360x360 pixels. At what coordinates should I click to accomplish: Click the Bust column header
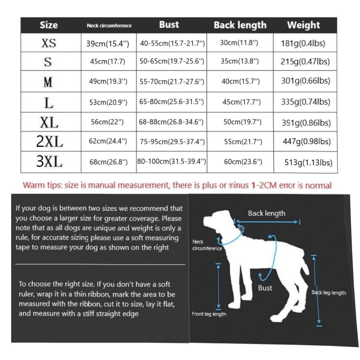[169, 24]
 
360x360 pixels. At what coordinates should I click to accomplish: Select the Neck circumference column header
[109, 26]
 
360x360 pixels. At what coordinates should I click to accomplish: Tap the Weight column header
[303, 25]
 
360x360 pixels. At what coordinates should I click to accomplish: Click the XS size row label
[49, 43]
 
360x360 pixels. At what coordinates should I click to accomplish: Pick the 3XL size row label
[49, 161]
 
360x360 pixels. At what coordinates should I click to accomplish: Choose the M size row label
[48, 82]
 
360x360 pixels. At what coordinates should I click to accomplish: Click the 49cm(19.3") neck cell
[108, 81]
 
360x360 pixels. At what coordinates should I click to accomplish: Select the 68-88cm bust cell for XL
[171, 122]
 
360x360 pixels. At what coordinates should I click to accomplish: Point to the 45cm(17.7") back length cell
[242, 102]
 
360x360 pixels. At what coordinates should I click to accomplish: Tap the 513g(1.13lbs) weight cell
[309, 163]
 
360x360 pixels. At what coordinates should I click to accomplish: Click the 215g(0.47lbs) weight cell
[305, 62]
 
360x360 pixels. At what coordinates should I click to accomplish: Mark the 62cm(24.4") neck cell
[108, 141]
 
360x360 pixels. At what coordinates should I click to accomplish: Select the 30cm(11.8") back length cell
[239, 43]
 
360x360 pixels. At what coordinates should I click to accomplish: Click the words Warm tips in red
[42, 185]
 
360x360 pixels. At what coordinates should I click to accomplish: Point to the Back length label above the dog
[266, 213]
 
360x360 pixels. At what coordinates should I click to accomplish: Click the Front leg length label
[209, 314]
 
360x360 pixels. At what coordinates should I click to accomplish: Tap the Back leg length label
[329, 293]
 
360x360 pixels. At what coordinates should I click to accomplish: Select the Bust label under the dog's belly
[265, 288]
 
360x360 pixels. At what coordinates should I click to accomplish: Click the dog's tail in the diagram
[305, 264]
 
